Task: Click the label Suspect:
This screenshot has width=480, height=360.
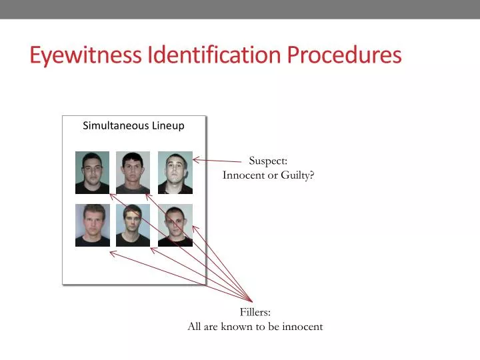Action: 268,161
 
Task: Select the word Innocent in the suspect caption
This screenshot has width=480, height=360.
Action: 243,175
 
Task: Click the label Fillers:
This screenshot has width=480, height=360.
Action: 255,312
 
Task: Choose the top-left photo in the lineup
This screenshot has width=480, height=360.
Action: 92,173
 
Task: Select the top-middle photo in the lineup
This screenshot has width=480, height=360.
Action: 133,173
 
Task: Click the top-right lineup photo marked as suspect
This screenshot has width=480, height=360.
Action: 175,173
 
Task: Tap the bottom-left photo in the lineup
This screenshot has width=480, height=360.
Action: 92,225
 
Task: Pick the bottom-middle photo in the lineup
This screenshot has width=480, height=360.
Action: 133,225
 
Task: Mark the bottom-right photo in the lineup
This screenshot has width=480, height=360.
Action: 175,225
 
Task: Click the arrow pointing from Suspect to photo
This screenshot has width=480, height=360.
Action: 217,160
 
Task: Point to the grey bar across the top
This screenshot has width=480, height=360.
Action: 240,9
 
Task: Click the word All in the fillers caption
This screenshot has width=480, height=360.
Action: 195,327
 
